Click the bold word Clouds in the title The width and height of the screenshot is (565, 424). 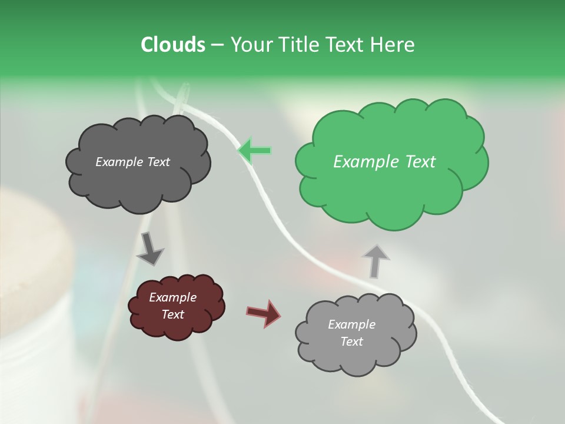tap(172, 44)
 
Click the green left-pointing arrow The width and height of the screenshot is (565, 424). tap(254, 151)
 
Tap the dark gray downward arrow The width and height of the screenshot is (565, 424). tap(150, 249)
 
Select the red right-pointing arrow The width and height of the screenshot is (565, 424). tap(264, 313)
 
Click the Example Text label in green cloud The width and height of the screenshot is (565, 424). tap(384, 161)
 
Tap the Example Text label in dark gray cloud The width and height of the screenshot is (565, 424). tap(132, 161)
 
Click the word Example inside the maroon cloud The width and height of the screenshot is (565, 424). tap(172, 297)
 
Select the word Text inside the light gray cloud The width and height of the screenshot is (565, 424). tap(351, 342)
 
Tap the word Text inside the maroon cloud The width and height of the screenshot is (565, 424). tap(172, 314)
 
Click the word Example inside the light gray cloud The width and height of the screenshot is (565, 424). tap(351, 324)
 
